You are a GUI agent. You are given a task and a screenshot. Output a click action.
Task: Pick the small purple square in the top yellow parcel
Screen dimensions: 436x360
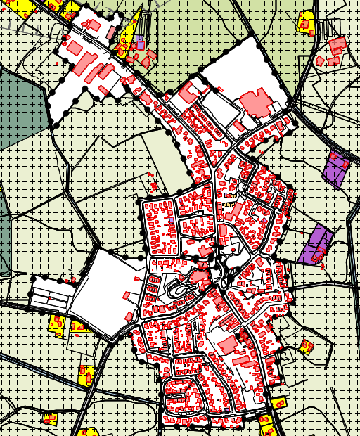click(x=140, y=44)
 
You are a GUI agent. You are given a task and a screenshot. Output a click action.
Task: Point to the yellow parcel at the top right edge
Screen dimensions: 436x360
click(x=306, y=23)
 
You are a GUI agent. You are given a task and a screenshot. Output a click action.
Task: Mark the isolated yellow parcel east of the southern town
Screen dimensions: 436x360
click(x=306, y=346)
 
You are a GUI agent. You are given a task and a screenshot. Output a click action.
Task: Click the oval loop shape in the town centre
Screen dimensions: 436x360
click(x=179, y=288)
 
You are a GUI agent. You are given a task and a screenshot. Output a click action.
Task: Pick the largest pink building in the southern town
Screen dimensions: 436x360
click(x=227, y=345)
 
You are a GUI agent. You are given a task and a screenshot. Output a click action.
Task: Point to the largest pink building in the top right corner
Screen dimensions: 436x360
click(x=337, y=45)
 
